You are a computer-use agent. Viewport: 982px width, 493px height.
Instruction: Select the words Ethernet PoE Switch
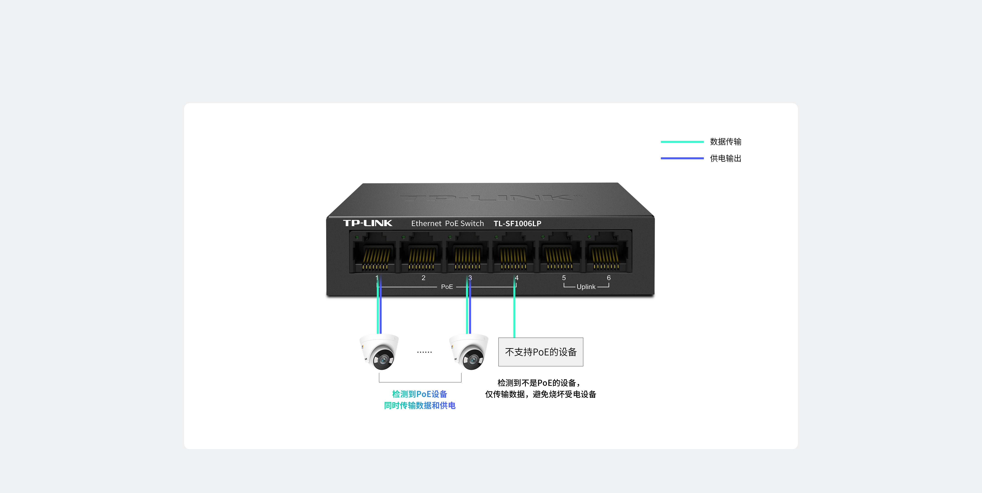(x=447, y=224)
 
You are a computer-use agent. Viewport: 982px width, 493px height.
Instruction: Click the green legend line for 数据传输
(x=682, y=142)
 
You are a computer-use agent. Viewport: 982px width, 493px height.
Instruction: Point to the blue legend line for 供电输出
(x=682, y=158)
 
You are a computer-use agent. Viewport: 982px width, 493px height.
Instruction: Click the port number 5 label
(x=564, y=278)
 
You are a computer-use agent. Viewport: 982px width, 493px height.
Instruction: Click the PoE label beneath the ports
(x=447, y=287)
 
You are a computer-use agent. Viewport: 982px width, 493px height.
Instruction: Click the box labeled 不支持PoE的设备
(x=541, y=352)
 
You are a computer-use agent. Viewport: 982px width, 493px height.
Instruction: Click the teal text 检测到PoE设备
(x=419, y=394)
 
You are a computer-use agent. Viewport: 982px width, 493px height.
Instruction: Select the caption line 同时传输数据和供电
(x=419, y=405)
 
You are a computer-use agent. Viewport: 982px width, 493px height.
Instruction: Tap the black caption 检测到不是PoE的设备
(x=539, y=383)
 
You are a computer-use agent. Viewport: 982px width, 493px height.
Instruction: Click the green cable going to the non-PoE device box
(x=514, y=312)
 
